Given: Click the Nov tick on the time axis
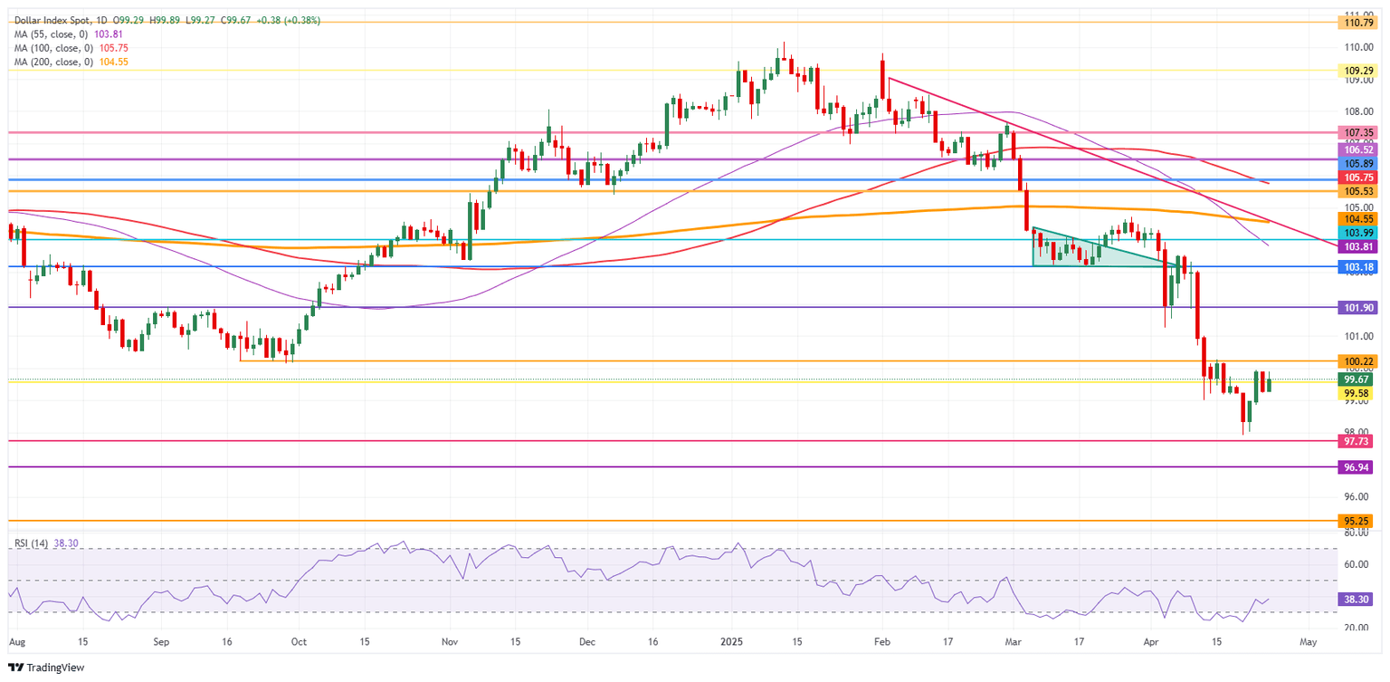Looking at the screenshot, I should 450,640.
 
